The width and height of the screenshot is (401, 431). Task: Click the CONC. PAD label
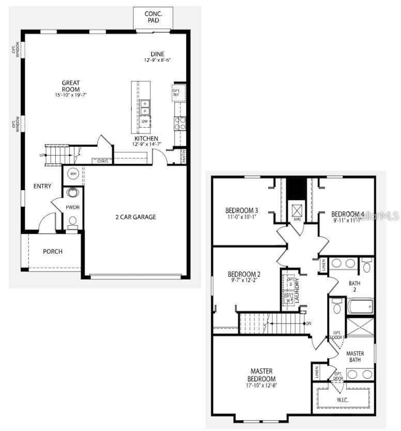(x=153, y=18)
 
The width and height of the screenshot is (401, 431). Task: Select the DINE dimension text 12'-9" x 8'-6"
(x=157, y=60)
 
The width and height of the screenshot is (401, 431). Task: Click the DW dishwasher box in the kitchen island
(x=145, y=122)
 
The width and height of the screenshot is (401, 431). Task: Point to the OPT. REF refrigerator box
(x=176, y=92)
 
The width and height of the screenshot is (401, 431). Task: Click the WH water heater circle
(x=73, y=174)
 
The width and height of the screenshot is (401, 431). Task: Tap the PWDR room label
(x=72, y=207)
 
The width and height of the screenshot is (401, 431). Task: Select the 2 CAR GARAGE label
(x=135, y=217)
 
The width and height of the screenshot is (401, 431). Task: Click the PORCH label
(x=52, y=252)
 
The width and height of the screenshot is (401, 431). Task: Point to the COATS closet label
(x=102, y=161)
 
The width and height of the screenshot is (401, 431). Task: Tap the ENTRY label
(x=42, y=186)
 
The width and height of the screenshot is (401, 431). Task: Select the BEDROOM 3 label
(x=242, y=210)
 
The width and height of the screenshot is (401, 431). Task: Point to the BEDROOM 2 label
(x=244, y=274)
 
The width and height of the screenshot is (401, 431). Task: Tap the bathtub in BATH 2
(x=360, y=306)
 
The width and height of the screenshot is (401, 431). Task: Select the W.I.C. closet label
(x=343, y=399)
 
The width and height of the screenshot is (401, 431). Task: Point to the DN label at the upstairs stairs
(x=309, y=324)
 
